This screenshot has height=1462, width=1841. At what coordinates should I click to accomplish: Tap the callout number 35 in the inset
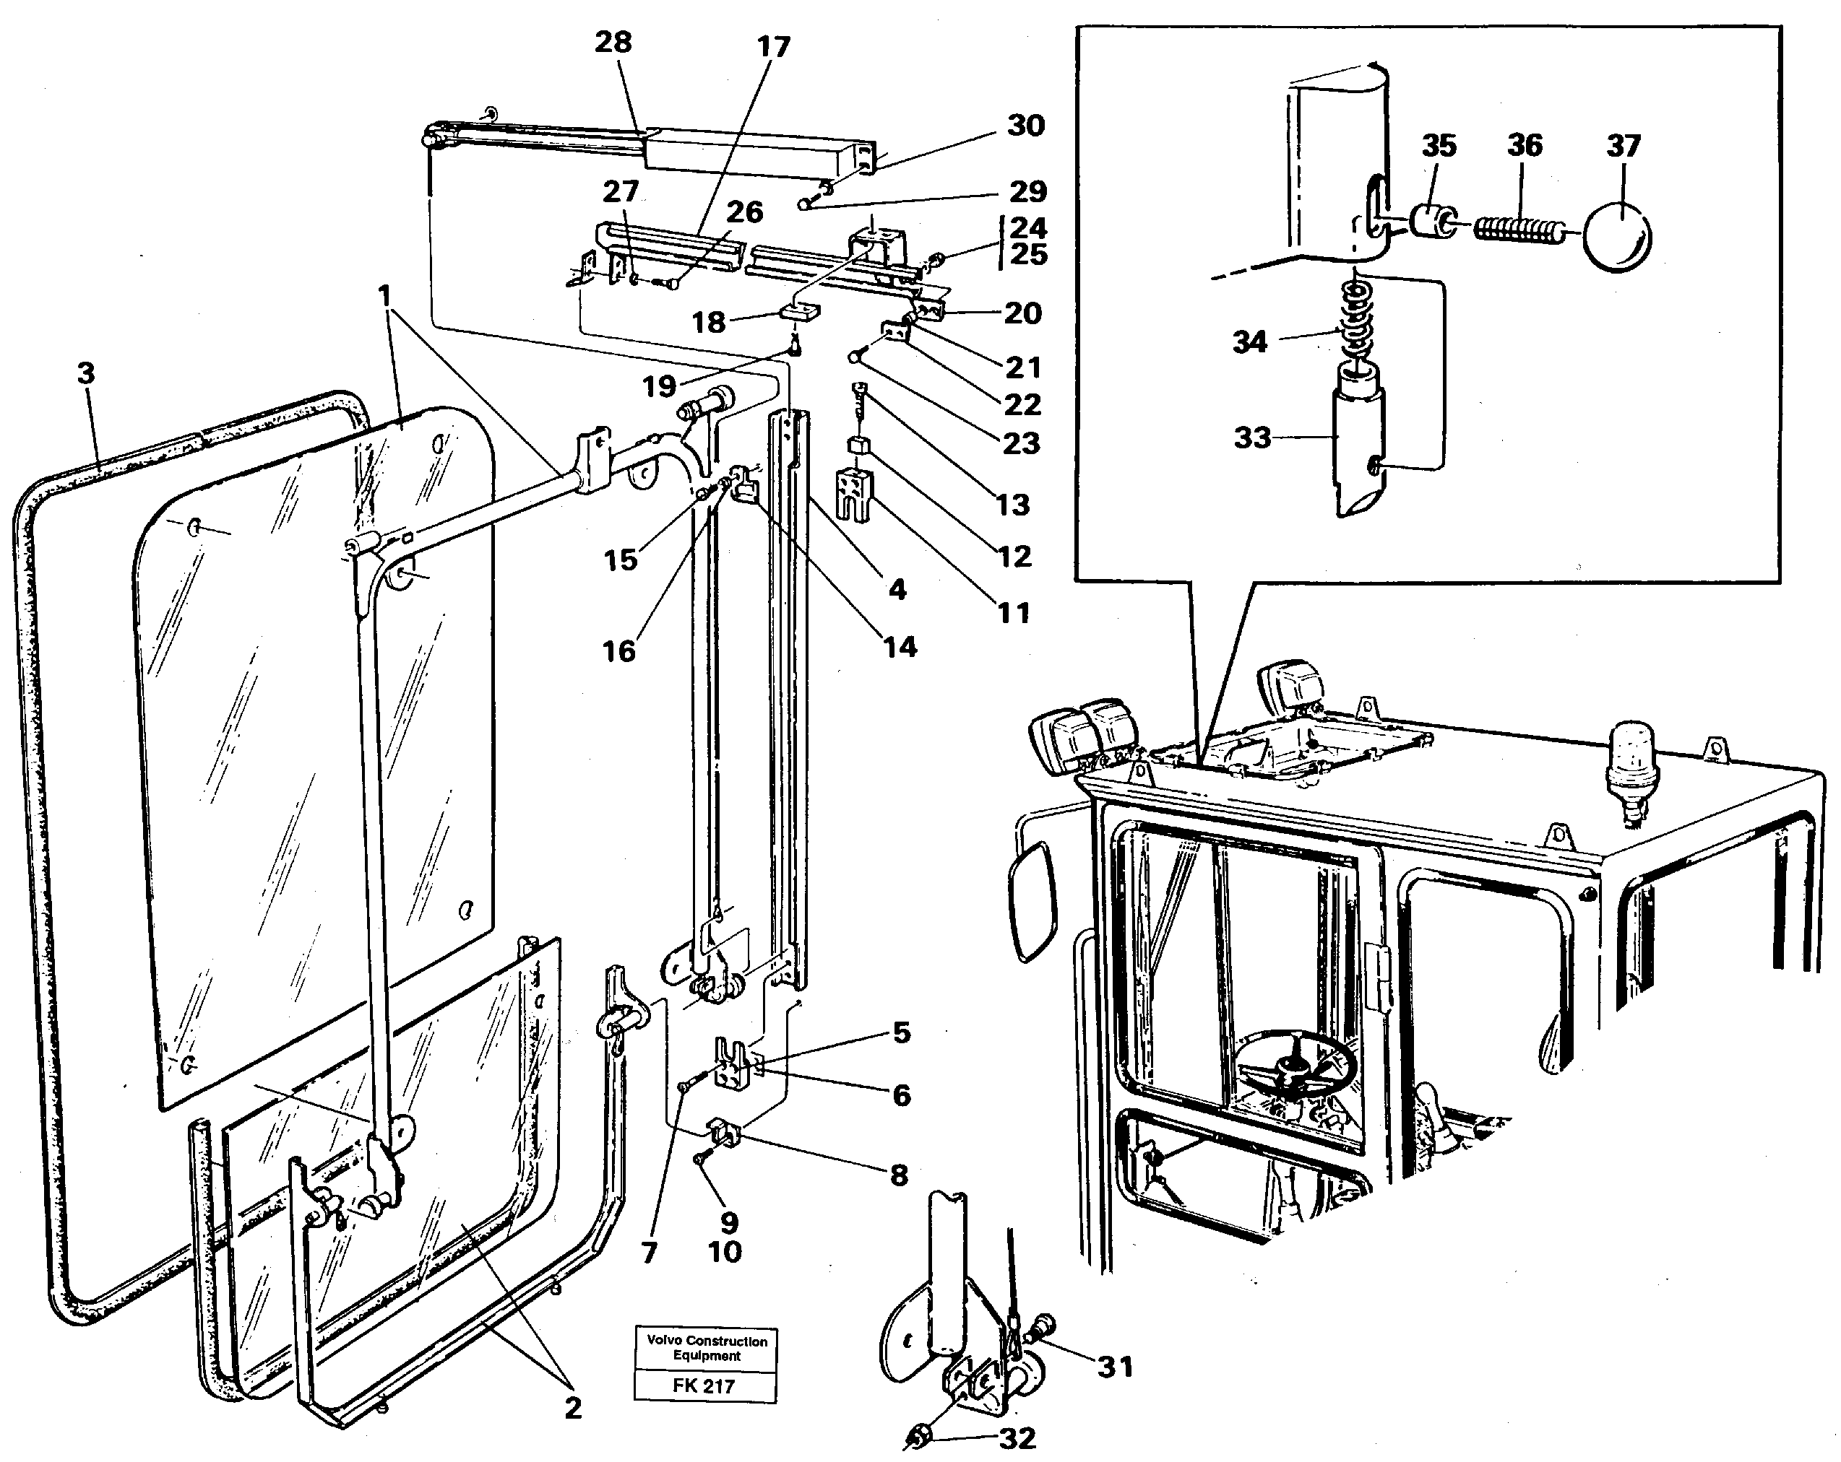pyautogui.click(x=1439, y=146)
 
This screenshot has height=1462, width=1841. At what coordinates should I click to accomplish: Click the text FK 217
pyautogui.click(x=704, y=1386)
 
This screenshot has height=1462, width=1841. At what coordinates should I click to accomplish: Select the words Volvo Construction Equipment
pyautogui.click(x=706, y=1349)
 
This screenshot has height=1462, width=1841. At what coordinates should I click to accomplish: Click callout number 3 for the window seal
pyautogui.click(x=85, y=374)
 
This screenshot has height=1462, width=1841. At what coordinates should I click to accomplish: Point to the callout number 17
pyautogui.click(x=774, y=47)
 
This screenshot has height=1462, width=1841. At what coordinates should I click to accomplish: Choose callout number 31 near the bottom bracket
pyautogui.click(x=1114, y=1367)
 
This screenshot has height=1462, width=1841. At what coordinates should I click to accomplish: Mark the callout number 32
pyautogui.click(x=1017, y=1438)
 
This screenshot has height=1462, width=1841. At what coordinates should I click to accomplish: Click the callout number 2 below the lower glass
pyautogui.click(x=573, y=1407)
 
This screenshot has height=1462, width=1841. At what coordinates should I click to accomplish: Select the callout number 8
pyautogui.click(x=898, y=1175)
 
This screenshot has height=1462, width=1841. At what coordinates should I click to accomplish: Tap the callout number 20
pyautogui.click(x=1022, y=313)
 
